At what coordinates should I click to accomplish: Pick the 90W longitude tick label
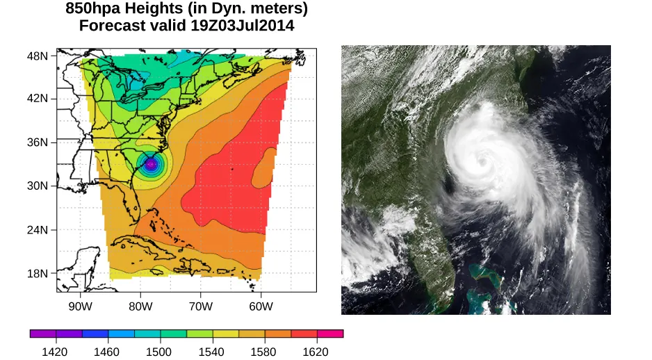pos(81,306)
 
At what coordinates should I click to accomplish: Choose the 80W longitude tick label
pos(140,306)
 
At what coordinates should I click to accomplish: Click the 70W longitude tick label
pos(200,306)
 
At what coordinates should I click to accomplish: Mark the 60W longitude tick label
pos(260,306)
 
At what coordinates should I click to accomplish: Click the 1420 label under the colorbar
pos(56,352)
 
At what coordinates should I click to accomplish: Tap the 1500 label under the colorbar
pos(160,352)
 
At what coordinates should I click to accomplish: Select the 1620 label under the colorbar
pos(316,352)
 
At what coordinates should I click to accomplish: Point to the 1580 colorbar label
pos(264,352)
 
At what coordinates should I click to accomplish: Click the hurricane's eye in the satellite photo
pos(481,161)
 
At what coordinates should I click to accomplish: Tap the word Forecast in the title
pos(112,26)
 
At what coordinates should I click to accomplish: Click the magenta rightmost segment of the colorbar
pos(330,334)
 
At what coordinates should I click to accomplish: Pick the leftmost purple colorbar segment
pos(43,334)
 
